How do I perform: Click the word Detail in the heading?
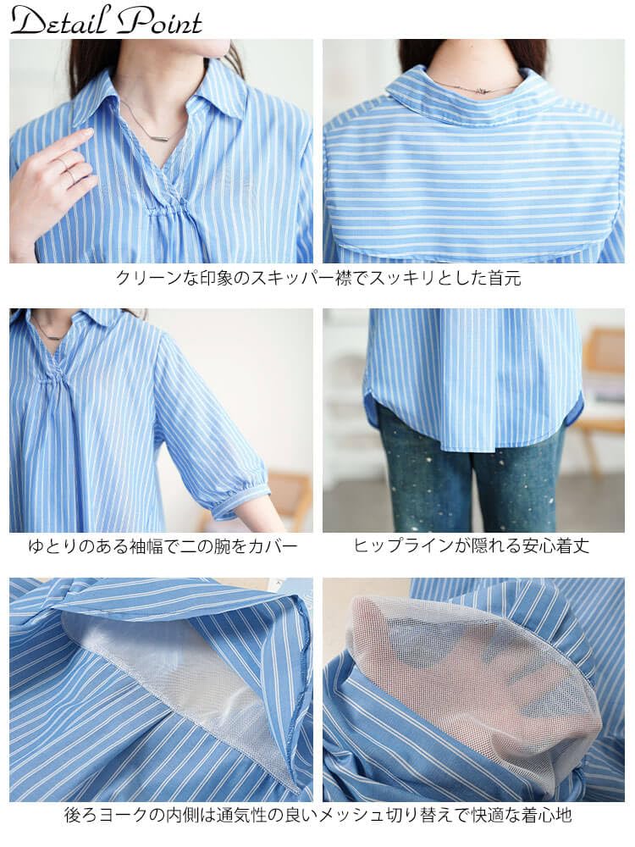59,20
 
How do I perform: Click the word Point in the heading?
161,20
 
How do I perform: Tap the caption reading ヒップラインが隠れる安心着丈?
472,546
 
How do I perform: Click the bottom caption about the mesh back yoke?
317,817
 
